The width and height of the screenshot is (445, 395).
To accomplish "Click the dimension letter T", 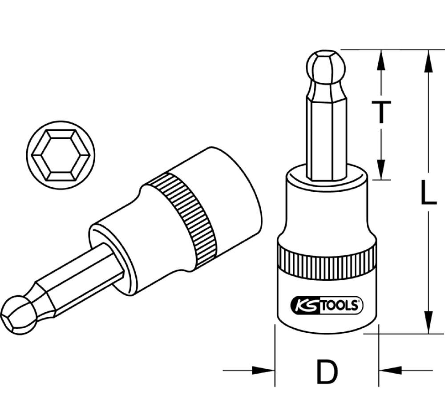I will tap(381, 112).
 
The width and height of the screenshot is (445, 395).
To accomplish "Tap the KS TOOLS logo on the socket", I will tap(327, 305).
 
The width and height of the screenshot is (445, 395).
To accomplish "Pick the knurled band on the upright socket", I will tap(326, 264).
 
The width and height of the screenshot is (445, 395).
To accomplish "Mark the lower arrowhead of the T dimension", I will tap(381, 169).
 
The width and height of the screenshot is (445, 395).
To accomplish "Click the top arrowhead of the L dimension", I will tap(428, 60).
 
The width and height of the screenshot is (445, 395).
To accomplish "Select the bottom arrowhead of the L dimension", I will tap(428, 322).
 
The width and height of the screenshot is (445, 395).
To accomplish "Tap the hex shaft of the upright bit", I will tap(326, 133).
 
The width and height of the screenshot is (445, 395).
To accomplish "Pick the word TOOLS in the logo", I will tap(340, 305).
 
